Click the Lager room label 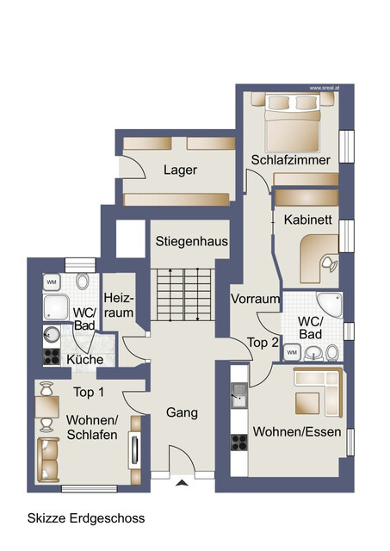(179, 170)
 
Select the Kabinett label (307, 220)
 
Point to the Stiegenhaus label (191, 242)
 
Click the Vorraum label (255, 300)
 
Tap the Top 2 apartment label (263, 343)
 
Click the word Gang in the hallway (182, 413)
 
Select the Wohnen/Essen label (296, 432)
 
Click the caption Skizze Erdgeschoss (86, 518)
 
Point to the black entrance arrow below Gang (181, 484)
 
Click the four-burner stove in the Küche (52, 357)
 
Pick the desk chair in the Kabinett (325, 262)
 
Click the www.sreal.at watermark (323, 87)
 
